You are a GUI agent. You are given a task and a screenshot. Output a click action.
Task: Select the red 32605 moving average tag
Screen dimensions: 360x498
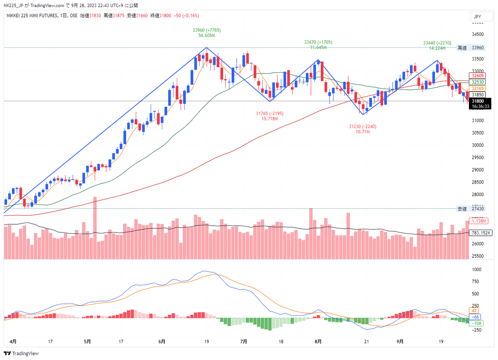(477, 76)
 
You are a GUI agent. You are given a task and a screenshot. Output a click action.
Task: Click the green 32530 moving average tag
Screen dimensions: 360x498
(477, 82)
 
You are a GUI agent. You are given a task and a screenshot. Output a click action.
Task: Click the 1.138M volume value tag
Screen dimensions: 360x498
(477, 221)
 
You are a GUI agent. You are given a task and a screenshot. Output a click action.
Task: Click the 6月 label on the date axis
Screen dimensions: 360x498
(161, 342)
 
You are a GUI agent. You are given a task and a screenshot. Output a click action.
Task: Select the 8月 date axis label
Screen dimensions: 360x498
(318, 342)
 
